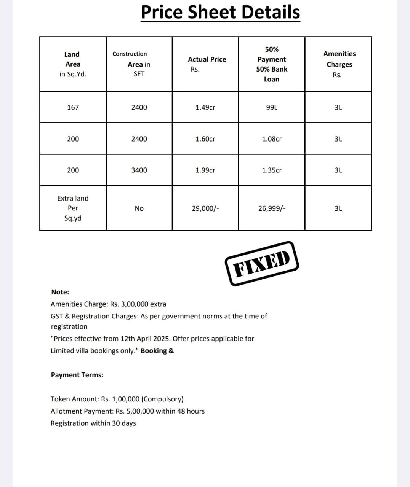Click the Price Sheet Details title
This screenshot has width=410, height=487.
pos(220,12)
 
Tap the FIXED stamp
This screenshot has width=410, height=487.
pos(261,263)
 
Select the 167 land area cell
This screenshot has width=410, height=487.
pos(73,107)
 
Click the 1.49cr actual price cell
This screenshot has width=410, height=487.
pos(205,107)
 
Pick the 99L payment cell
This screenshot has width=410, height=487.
pos(272,107)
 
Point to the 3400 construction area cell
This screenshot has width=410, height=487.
pos(139,170)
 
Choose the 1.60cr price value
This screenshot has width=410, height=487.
pos(205,139)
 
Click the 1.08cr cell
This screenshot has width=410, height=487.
pos(272,139)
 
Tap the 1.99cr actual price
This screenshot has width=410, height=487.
pos(205,170)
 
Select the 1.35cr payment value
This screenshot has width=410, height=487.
pos(272,170)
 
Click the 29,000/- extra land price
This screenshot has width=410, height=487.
pos(205,208)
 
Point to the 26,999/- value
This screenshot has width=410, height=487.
pos(272,208)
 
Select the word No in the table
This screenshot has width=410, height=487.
pos(139,208)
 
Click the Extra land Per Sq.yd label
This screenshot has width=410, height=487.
pos(73,208)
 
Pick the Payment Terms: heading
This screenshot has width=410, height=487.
pos(77,375)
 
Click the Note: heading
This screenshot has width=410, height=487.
pos(60,292)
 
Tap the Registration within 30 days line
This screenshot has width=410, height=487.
pos(93,423)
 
